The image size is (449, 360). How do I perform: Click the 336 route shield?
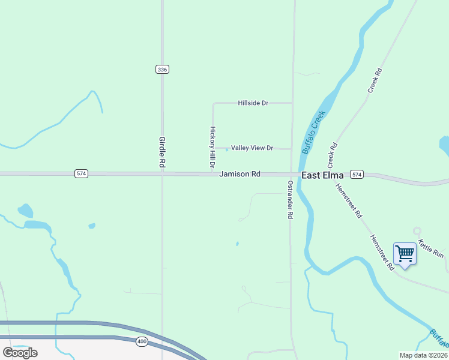161,70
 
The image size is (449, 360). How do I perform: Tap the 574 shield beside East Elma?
357,175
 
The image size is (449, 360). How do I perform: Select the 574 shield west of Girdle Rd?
82,173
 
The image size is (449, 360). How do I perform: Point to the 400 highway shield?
142,341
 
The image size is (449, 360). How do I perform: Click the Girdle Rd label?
161,152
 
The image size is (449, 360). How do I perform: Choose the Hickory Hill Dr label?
212,148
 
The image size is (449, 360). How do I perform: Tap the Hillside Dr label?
253,103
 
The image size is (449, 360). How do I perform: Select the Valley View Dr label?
252,148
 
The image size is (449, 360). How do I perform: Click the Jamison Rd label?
240,174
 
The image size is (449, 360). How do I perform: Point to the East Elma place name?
322,175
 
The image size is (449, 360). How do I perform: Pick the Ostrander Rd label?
290,200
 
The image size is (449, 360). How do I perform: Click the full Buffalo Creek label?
313,132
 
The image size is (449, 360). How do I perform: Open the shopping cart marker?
405,254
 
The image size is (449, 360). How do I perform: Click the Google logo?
20,353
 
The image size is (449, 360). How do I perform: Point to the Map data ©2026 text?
424,355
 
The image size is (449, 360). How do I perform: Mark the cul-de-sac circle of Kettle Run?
417,230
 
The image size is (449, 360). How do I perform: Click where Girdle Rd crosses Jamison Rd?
162,174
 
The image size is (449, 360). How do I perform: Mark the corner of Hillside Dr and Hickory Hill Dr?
213,103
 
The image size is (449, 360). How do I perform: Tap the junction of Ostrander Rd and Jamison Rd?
291,175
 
